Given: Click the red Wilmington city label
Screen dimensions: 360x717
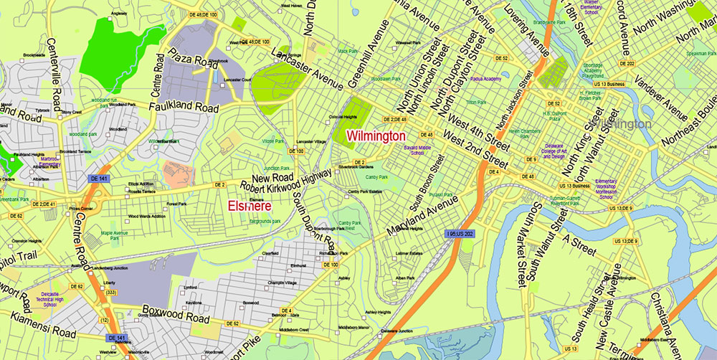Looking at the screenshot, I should tap(376, 136).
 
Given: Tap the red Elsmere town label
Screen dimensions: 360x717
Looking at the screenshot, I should tap(250, 207).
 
